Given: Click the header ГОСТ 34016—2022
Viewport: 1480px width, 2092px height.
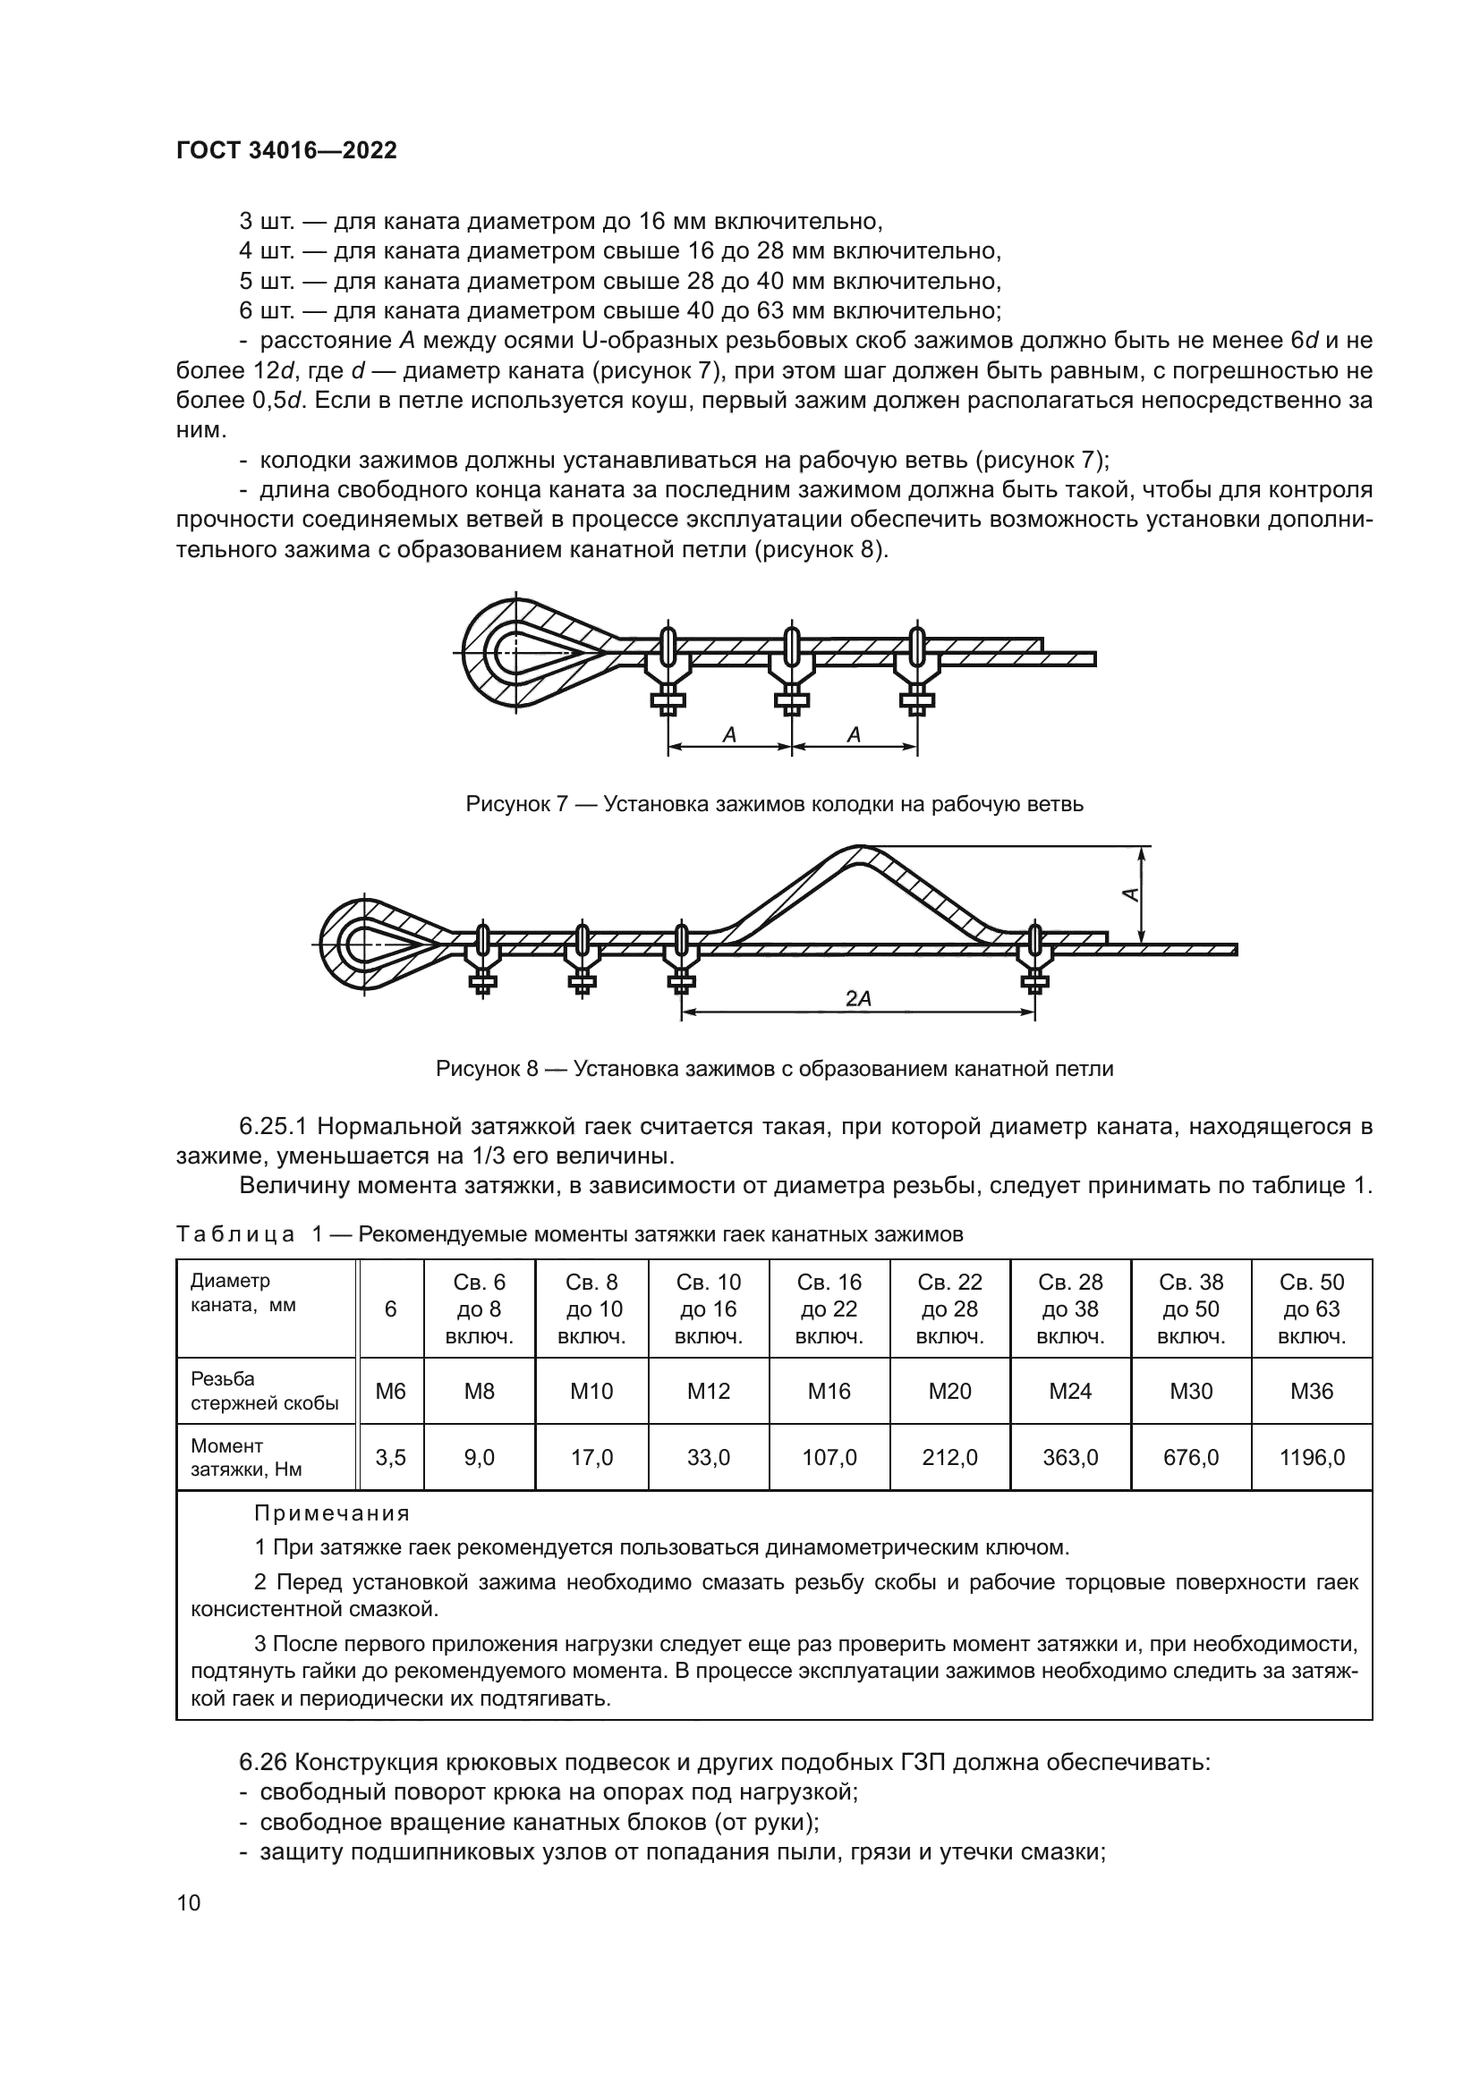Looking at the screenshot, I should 286,150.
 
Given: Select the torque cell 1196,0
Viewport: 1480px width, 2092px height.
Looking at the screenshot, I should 1312,1458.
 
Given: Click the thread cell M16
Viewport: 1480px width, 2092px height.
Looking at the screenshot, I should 829,1392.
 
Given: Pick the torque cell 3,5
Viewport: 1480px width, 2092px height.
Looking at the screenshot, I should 390,1458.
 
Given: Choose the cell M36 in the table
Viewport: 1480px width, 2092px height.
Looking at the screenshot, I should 1312,1392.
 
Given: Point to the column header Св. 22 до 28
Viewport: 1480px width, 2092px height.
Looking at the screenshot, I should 949,1309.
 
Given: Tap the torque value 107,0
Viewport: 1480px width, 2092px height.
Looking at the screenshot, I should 829,1458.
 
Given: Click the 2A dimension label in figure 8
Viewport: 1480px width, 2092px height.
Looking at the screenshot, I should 857,999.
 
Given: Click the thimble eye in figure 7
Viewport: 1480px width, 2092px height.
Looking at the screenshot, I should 520,652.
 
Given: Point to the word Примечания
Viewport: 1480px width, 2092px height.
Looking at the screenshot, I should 332,1513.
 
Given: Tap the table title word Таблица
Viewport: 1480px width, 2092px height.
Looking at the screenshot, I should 235,1234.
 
